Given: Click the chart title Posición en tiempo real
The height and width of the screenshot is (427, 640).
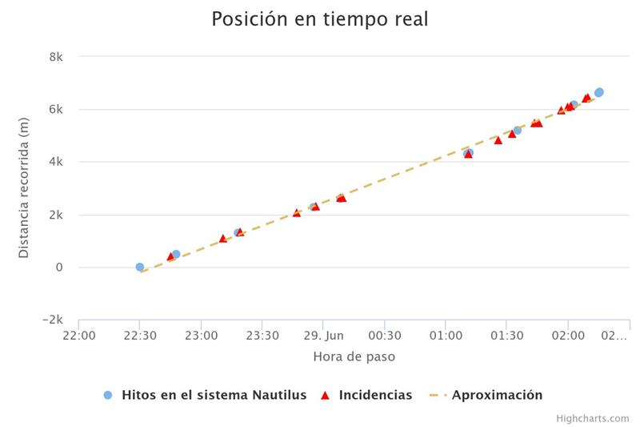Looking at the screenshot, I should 319,19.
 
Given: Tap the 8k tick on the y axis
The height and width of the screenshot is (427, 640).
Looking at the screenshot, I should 56,57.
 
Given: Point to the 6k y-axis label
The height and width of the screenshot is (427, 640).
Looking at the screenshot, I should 56,110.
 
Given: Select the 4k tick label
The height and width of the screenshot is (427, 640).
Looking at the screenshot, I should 56,162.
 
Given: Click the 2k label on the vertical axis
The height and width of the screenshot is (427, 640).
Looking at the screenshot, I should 56,215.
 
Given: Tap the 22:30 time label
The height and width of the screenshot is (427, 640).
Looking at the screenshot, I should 140,336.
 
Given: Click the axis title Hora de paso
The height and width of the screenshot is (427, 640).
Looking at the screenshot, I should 354,357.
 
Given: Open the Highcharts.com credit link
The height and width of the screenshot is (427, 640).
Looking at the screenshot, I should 593,418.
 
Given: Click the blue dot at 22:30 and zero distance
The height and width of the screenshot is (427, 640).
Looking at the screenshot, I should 140,267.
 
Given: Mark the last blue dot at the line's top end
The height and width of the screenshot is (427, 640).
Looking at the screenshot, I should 598,92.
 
